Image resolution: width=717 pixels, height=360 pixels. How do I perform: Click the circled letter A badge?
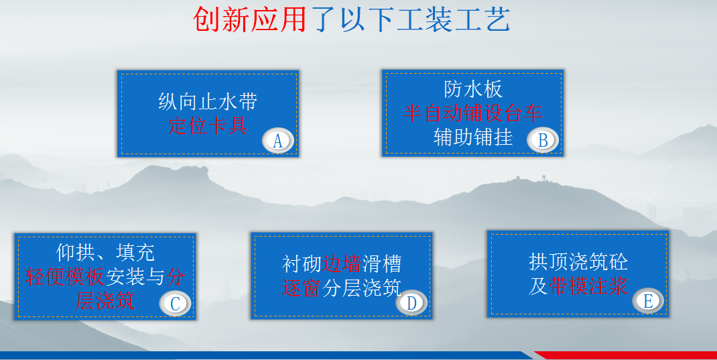pos(277,141)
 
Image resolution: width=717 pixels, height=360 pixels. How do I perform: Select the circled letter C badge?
pos(175,303)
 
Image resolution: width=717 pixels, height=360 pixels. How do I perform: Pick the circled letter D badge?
pos(411,302)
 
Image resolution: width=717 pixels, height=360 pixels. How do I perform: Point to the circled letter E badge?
pos(648,301)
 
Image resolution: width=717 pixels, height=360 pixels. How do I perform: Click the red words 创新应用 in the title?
pos(250,19)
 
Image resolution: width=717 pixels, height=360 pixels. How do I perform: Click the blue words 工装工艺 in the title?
pos(454,19)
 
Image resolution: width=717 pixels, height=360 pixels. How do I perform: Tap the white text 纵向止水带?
pos(208,101)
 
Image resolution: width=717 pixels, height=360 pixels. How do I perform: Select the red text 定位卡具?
pos(208,125)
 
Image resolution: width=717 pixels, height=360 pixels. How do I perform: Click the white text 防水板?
pos(473,88)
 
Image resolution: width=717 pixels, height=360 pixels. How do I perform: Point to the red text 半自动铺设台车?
pos(473,113)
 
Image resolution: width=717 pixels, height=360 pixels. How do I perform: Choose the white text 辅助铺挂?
pos(473,137)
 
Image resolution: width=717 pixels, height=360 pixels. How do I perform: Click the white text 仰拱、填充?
pos(105,252)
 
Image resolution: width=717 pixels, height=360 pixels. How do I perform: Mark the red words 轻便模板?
pos(66,276)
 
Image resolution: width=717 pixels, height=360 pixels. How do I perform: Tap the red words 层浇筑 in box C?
pos(105,301)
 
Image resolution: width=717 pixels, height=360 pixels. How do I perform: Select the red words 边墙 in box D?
pos(342,264)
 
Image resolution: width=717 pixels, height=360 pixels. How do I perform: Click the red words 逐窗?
pos(302,288)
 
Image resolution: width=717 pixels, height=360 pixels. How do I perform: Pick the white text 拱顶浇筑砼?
pos(578,261)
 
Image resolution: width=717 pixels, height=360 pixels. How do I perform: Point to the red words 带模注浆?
pos(588,286)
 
